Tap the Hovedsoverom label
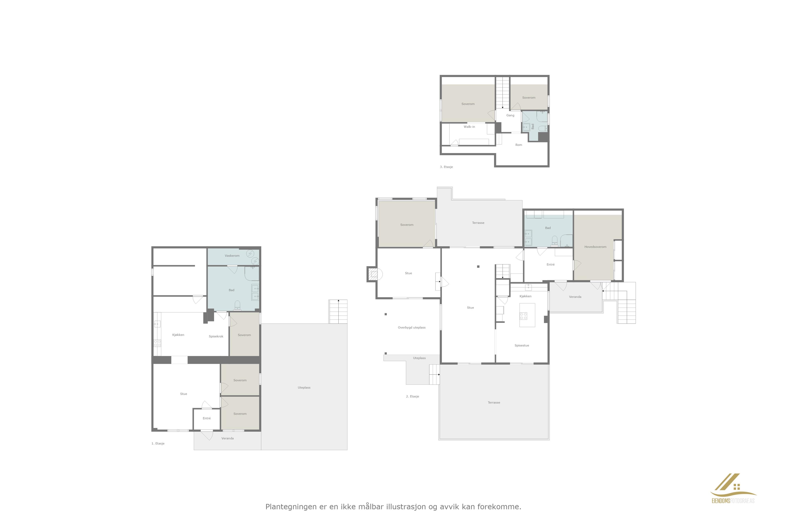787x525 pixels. (595, 247)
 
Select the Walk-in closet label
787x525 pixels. (469, 127)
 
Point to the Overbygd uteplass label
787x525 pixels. (412, 328)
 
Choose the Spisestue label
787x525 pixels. (522, 345)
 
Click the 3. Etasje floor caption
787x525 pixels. (446, 167)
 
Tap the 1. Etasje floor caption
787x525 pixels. (158, 443)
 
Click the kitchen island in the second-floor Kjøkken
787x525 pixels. (527, 315)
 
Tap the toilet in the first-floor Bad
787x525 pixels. (237, 305)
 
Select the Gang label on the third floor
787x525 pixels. (510, 115)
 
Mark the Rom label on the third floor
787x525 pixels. (519, 145)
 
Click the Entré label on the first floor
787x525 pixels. (207, 418)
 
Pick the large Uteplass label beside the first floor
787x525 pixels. (304, 387)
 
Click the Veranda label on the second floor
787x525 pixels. (575, 297)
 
